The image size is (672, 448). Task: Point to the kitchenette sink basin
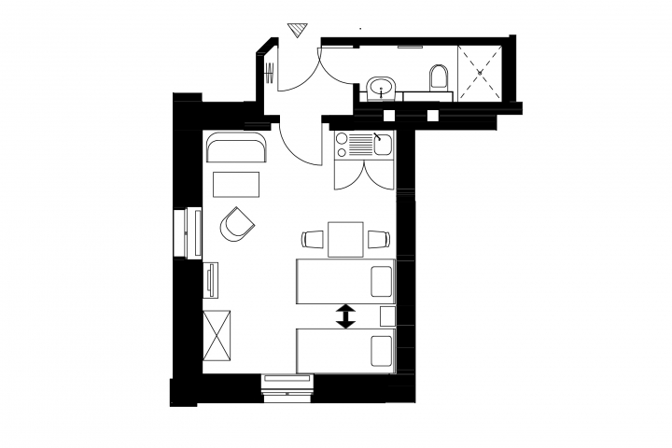(383, 145)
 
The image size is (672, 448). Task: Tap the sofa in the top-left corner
(236, 147)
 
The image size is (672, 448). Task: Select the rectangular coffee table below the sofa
(237, 184)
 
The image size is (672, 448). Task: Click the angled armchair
(237, 224)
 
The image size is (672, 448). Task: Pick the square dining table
(345, 240)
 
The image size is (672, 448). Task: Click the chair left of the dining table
(313, 240)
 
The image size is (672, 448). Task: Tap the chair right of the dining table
(377, 240)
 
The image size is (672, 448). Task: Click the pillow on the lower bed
(381, 351)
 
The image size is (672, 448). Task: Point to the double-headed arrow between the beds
(346, 316)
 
